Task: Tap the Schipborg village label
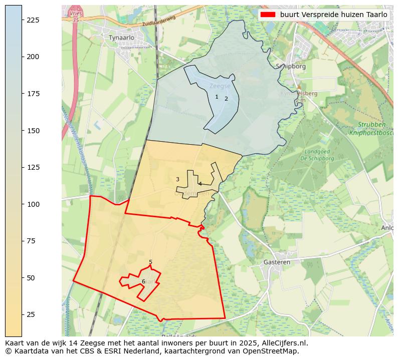[288, 66]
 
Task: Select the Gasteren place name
[277, 262]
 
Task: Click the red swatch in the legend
[268, 15]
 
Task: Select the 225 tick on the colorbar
[33, 20]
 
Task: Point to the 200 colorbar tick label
[33, 57]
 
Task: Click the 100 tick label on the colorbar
[33, 204]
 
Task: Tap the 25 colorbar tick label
[31, 314]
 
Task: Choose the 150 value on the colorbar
[33, 131]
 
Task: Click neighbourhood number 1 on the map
[217, 97]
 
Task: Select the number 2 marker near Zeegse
[226, 99]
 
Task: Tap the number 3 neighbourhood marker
[177, 179]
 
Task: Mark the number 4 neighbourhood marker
[200, 184]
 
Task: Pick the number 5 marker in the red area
[150, 262]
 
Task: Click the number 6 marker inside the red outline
[143, 281]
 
